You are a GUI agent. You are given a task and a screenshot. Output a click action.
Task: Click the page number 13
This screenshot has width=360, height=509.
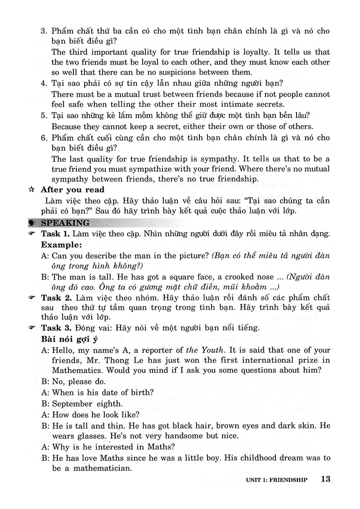326,479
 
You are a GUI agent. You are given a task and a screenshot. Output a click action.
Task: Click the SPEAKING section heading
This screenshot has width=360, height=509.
65,223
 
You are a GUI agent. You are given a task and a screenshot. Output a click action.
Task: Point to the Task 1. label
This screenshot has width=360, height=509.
56,234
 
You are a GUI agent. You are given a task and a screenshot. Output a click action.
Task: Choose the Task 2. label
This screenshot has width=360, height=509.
56,298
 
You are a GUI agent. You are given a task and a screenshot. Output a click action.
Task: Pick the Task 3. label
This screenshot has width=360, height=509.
56,328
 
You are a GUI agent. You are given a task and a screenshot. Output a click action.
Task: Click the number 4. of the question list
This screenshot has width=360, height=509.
44,83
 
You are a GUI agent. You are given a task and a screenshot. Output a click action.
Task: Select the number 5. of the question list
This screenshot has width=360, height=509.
44,115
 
